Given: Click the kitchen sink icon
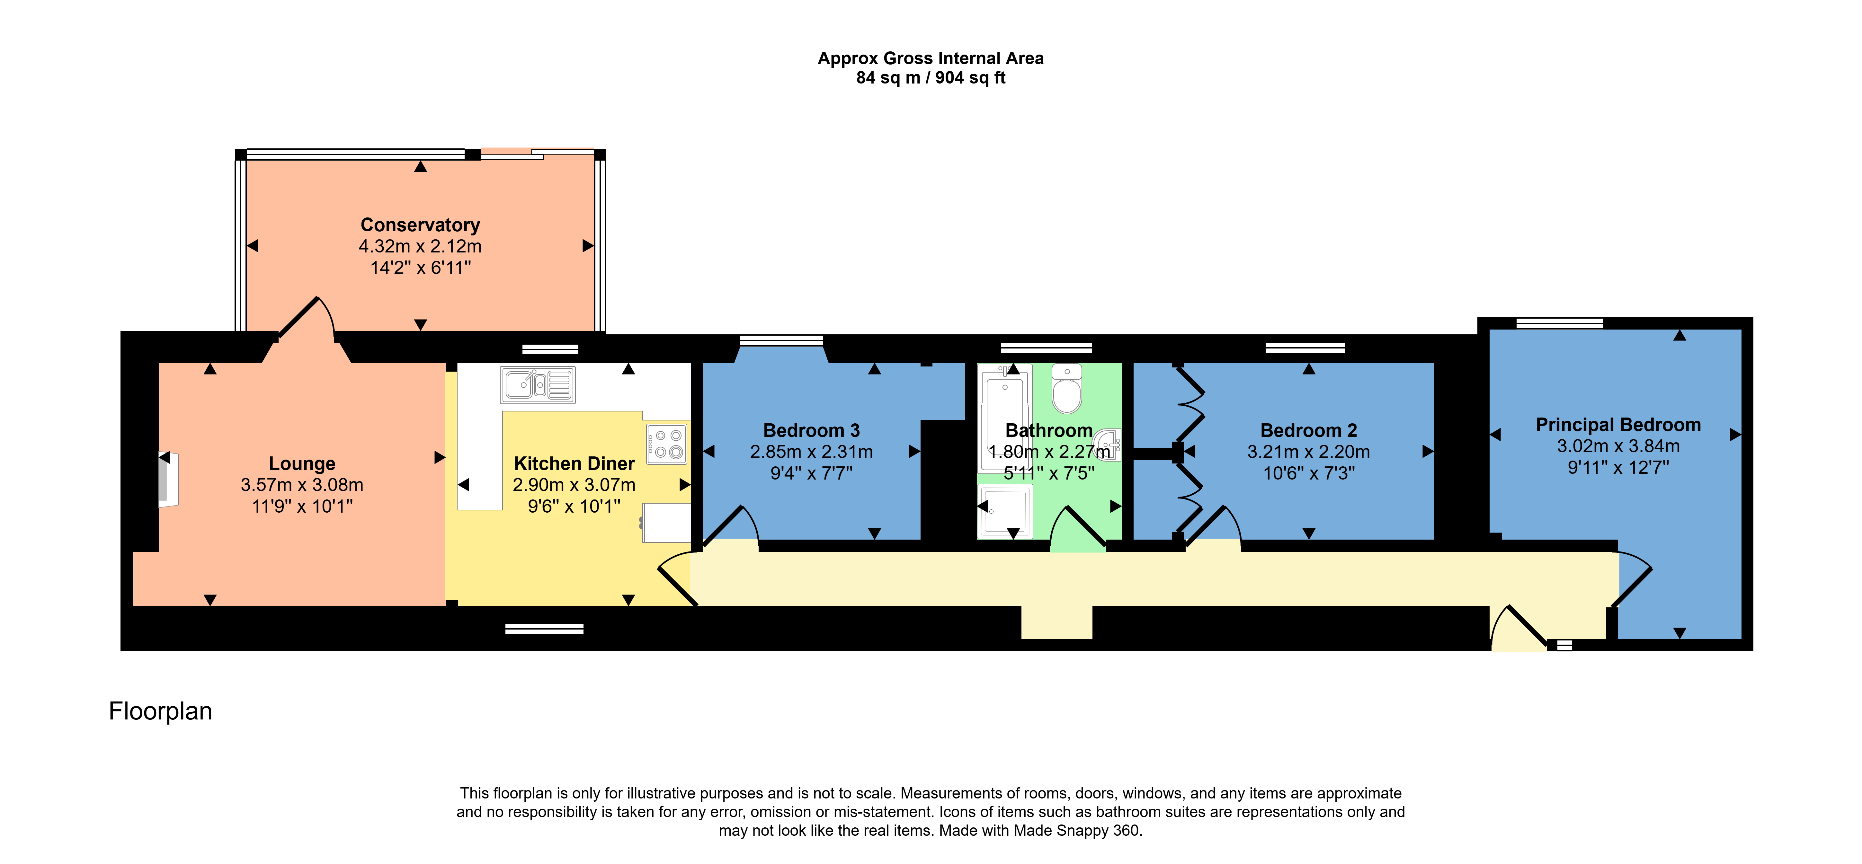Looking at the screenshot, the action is tap(538, 384).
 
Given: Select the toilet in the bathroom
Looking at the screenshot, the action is tap(1067, 388).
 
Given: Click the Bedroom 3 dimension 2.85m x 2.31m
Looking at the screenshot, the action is tap(811, 452).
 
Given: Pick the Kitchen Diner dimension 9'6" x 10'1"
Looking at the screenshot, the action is tap(574, 507).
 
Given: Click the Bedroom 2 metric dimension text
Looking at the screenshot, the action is tap(1308, 452).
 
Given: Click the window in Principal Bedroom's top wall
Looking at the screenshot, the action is tap(1559, 323).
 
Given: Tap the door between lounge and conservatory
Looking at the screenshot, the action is tap(307, 318).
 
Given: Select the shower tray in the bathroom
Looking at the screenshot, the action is tap(1005, 511).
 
